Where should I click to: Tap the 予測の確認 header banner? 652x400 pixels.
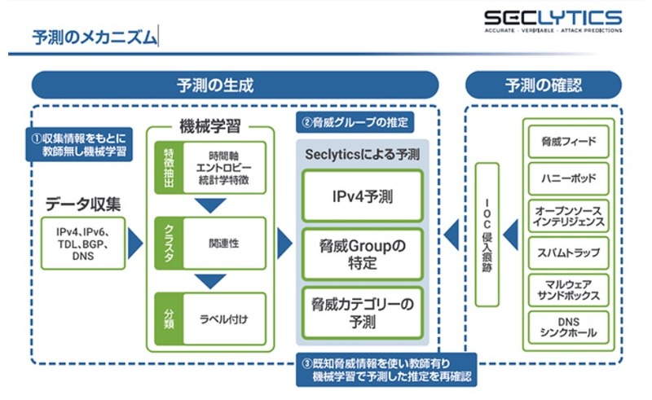click(543, 85)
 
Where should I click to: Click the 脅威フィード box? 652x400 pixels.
click(568, 141)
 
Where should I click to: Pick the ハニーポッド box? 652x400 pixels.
click(568, 177)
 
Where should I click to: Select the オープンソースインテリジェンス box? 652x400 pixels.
click(568, 215)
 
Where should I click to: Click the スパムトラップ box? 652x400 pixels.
click(568, 253)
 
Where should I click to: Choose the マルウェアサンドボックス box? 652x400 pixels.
click(568, 290)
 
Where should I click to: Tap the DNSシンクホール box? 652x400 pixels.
click(568, 327)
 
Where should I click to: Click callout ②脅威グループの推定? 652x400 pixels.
click(355, 123)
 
